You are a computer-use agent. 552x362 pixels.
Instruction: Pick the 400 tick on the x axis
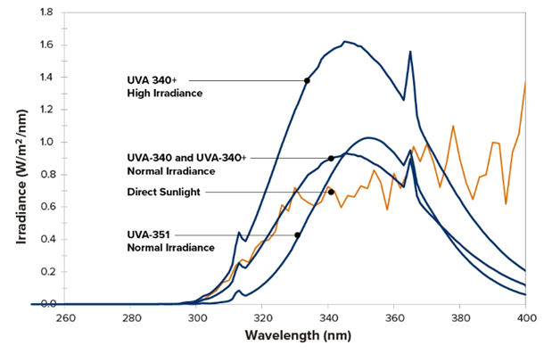coord(525,317)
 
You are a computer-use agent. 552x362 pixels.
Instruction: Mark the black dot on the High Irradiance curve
coord(307,80)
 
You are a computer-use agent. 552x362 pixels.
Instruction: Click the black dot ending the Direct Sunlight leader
coord(331,192)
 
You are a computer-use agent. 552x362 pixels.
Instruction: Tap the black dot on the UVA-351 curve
coord(297,235)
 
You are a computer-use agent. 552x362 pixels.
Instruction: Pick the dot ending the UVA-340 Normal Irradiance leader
coord(331,158)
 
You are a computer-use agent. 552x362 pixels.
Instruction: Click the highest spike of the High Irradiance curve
coord(410,52)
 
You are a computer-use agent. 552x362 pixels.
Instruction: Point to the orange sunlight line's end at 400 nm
coord(525,82)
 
